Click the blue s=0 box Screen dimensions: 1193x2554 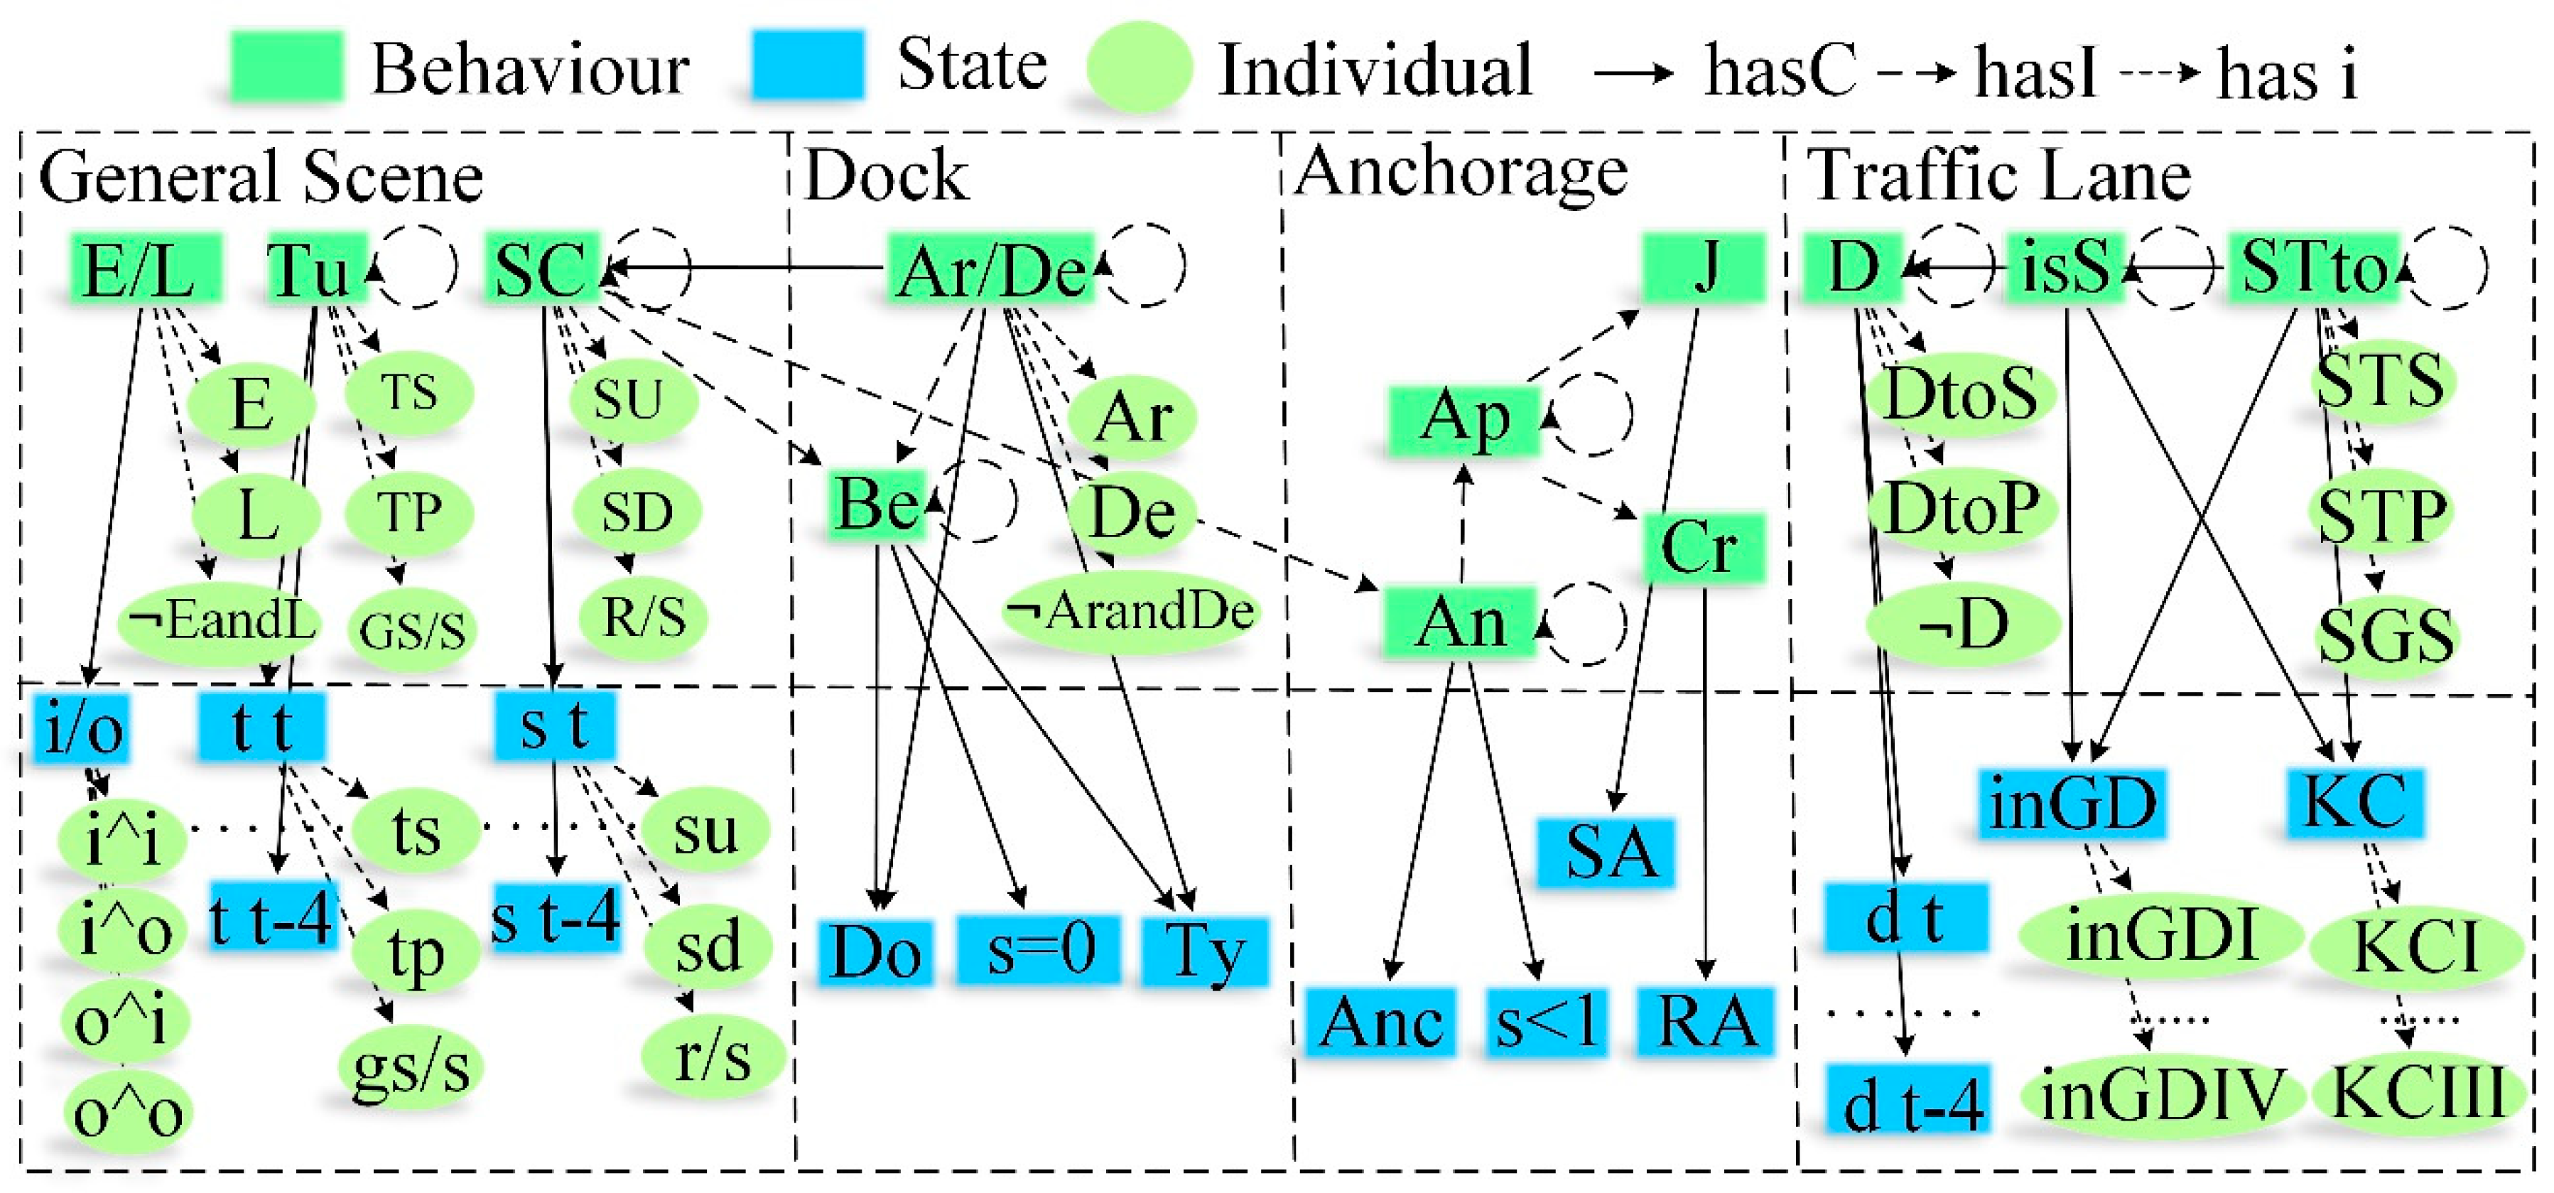tap(1039, 950)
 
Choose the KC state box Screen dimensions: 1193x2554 tap(2354, 801)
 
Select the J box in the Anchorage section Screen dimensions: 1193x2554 tap(1704, 268)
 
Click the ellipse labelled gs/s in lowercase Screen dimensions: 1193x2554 tap(409, 1066)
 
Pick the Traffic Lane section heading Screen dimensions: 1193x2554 tap(1998, 176)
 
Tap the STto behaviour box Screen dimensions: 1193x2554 tap(2313, 268)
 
